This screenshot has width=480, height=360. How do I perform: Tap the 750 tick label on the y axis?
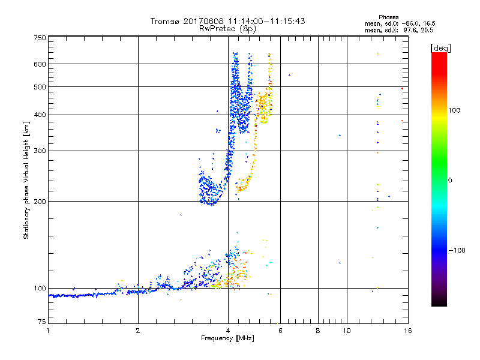[x=39, y=38]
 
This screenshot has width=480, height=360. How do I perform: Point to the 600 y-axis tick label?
[x=39, y=64]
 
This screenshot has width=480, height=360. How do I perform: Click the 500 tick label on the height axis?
[x=39, y=87]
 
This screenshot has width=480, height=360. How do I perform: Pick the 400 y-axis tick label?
[x=39, y=115]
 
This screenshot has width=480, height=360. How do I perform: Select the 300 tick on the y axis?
[x=39, y=151]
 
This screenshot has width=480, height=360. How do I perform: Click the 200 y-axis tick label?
[x=39, y=202]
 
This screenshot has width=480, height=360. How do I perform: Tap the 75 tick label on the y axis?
[x=41, y=324]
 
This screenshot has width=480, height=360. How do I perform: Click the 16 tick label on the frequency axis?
[x=407, y=331]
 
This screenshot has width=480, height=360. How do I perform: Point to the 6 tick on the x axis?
[x=280, y=331]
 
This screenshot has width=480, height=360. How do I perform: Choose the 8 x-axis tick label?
[x=318, y=331]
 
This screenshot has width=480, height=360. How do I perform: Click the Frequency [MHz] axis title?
[x=227, y=339]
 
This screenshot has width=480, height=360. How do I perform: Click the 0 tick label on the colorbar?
[x=450, y=180]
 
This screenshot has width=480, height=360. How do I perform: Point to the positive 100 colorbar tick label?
[x=455, y=110]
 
